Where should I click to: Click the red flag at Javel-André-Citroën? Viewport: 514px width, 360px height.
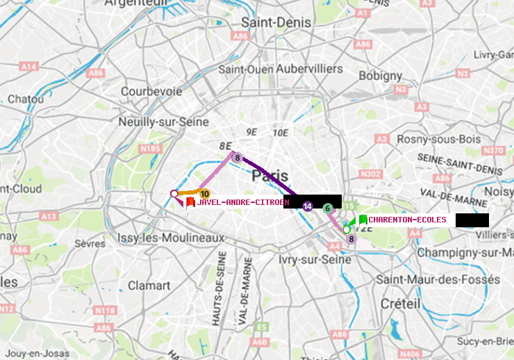pyautogui.click(x=190, y=202)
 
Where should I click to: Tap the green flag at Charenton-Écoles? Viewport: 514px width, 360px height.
pyautogui.click(x=363, y=220)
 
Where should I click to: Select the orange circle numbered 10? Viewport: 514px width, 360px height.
pyautogui.click(x=204, y=194)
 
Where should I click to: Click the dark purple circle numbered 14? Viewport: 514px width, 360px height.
pyautogui.click(x=308, y=206)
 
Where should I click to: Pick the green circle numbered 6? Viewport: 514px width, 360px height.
pyautogui.click(x=328, y=208)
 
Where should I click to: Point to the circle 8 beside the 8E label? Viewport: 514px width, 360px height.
pyautogui.click(x=236, y=158)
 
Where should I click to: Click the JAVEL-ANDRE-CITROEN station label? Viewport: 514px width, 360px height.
pyautogui.click(x=242, y=203)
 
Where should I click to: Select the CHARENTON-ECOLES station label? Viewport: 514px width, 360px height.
pyautogui.click(x=407, y=220)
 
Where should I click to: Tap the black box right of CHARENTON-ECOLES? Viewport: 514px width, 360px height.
pyautogui.click(x=472, y=220)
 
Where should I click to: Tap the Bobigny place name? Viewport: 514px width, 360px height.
pyautogui.click(x=379, y=75)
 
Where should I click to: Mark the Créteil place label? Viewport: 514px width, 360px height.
pyautogui.click(x=400, y=304)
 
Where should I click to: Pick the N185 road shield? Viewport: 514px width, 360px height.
pyautogui.click(x=150, y=148)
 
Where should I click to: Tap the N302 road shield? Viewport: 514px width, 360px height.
pyautogui.click(x=372, y=174)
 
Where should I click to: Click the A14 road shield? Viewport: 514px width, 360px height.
pyautogui.click(x=28, y=67)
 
